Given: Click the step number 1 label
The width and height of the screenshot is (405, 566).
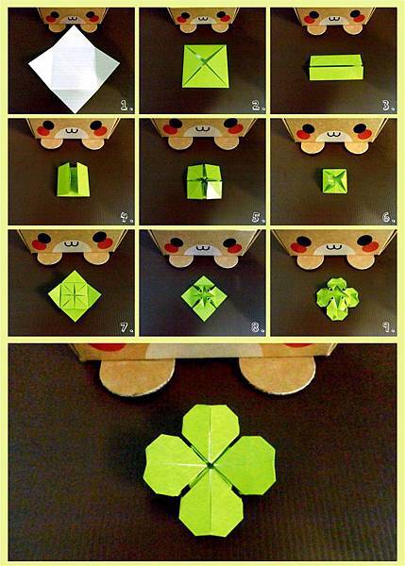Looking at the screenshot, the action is pyautogui.click(x=126, y=106).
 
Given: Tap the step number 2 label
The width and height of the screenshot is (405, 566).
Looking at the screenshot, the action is pyautogui.click(x=257, y=106).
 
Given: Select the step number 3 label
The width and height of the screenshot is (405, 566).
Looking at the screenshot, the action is pyautogui.click(x=388, y=106).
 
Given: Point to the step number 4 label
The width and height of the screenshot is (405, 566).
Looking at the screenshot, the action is pyautogui.click(x=127, y=217).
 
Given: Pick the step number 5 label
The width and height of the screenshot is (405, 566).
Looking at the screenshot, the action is pyautogui.click(x=257, y=217).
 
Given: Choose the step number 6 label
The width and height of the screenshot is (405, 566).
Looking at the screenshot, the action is pyautogui.click(x=388, y=217).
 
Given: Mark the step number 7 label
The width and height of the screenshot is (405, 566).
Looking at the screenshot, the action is pyautogui.click(x=127, y=327).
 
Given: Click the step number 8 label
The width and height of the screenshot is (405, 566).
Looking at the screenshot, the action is pyautogui.click(x=257, y=327).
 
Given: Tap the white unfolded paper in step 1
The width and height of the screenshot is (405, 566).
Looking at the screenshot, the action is pyautogui.click(x=74, y=69).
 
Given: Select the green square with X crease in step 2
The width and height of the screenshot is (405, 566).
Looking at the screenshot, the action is pyautogui.click(x=205, y=66).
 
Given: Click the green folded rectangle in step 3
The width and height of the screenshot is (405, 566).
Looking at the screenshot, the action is pyautogui.click(x=336, y=67).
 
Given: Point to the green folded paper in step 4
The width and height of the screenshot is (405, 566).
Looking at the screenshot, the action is pyautogui.click(x=74, y=179).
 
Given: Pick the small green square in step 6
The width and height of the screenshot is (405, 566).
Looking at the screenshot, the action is pyautogui.click(x=335, y=181).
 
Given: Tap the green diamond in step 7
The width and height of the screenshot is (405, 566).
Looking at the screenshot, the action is pyautogui.click(x=75, y=295).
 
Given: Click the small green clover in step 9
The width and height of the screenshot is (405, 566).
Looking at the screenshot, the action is pyautogui.click(x=337, y=299).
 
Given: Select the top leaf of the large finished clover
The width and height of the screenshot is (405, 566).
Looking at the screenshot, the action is pyautogui.click(x=210, y=432).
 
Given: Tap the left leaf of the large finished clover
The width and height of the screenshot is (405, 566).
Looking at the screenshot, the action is pyautogui.click(x=174, y=466).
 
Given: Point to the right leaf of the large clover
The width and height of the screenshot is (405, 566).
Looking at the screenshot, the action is pyautogui.click(x=246, y=465).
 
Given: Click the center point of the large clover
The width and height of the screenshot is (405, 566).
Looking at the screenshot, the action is pyautogui.click(x=210, y=466).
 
